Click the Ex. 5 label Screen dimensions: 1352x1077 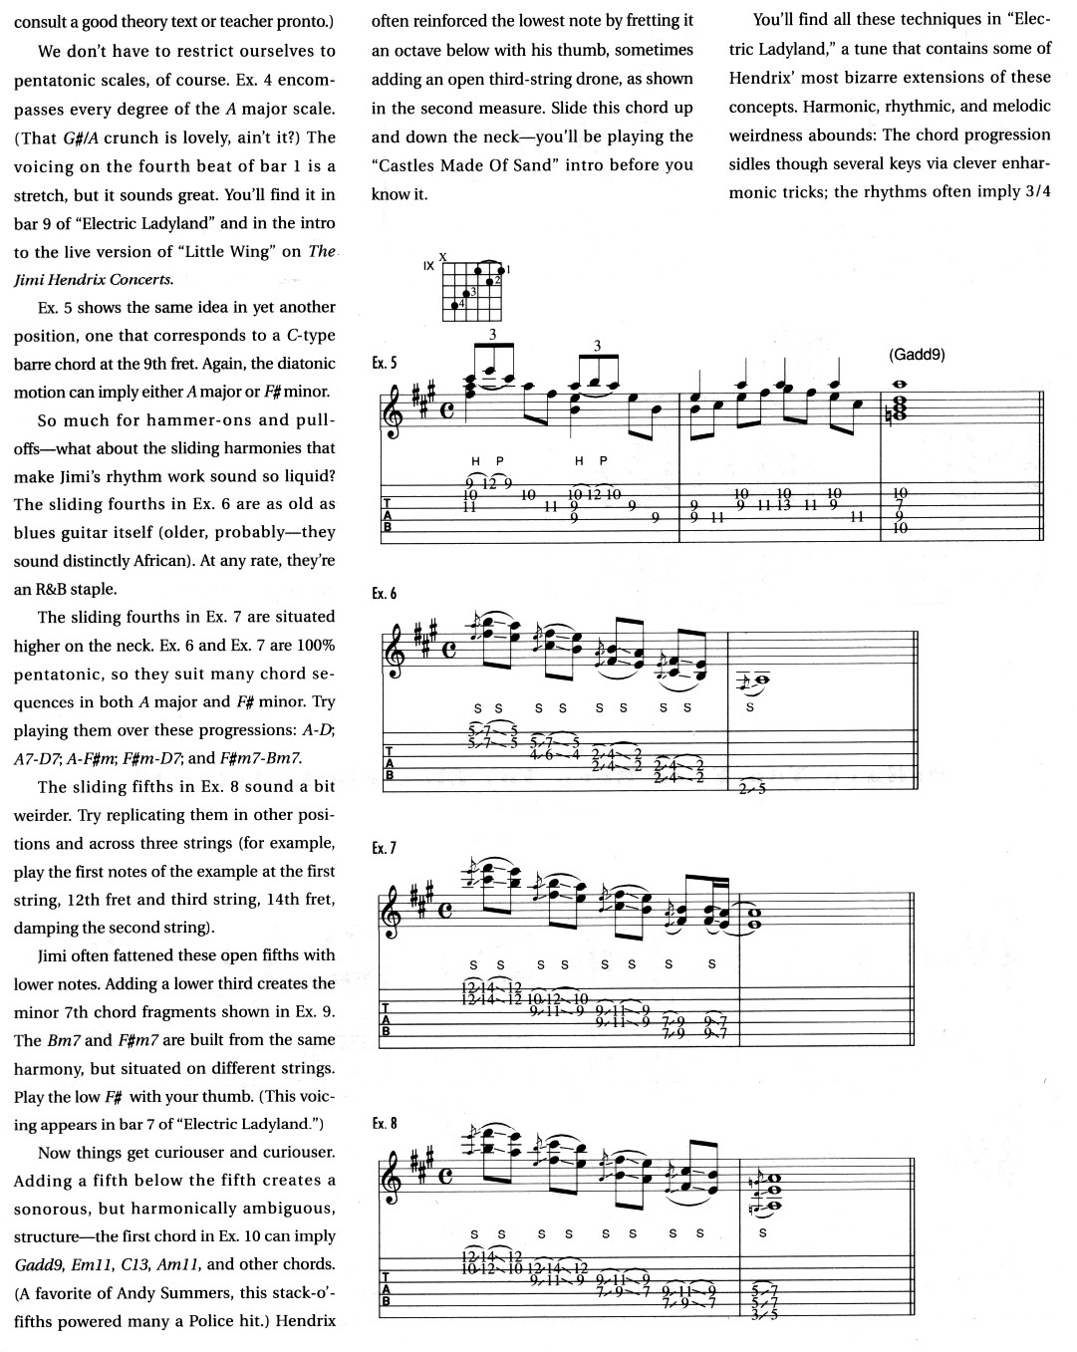(384, 364)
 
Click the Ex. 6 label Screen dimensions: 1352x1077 (384, 594)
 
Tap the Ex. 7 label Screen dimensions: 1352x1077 (384, 848)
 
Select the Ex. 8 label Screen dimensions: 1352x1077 (384, 1123)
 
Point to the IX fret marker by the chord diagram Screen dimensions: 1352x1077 (427, 266)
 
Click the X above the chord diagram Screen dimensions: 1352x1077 (442, 256)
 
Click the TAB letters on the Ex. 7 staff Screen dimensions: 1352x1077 (389, 1020)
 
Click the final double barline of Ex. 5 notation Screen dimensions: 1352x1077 (1041, 406)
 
